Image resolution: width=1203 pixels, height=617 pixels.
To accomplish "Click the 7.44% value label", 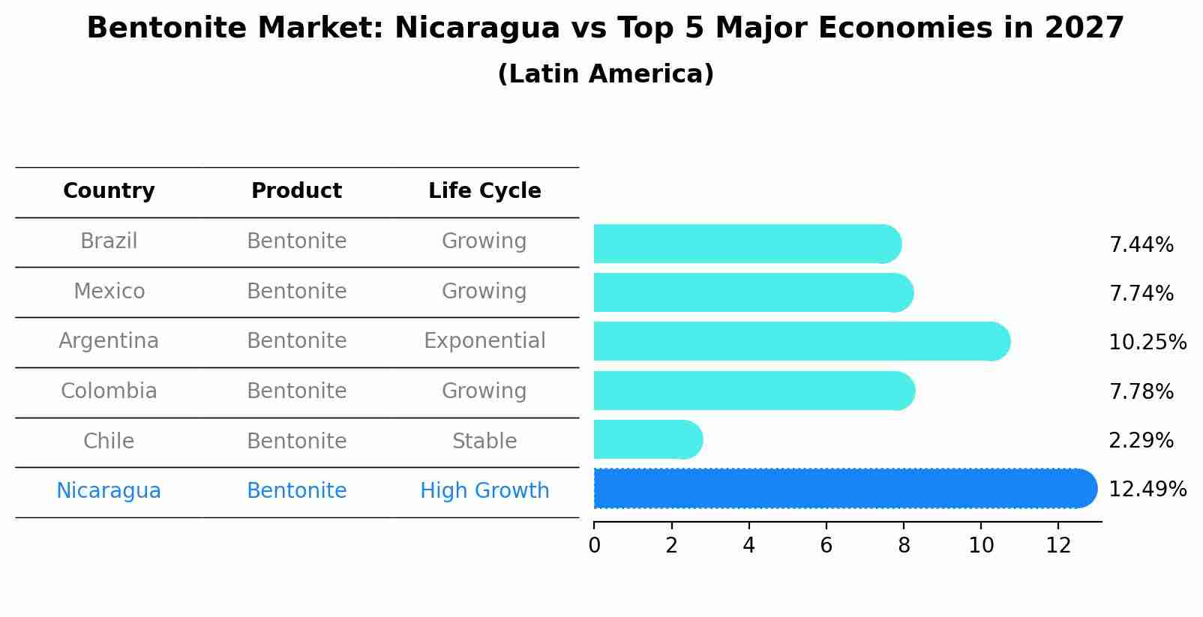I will [x=1141, y=245].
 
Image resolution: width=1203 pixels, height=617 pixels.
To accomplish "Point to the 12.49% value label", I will [x=1147, y=490].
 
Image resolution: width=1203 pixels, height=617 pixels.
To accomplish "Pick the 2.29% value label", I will [x=1141, y=441].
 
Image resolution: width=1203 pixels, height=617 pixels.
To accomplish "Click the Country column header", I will [x=109, y=191].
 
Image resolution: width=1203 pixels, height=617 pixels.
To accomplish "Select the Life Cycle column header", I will [x=484, y=191].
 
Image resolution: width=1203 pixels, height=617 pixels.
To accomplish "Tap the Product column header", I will [x=296, y=191].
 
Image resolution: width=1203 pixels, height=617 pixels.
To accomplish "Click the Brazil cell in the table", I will [x=109, y=241].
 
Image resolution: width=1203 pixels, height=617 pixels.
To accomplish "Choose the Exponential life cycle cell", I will [x=484, y=341].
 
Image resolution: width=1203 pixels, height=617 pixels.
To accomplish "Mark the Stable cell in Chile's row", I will [x=484, y=442].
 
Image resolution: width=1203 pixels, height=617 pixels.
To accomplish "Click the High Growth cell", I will [x=484, y=491].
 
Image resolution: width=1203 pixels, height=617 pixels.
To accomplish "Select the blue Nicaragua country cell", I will [x=109, y=491].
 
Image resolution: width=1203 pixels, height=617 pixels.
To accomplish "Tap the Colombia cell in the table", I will [x=109, y=391].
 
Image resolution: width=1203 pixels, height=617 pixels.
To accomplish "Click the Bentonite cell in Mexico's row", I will [x=296, y=292].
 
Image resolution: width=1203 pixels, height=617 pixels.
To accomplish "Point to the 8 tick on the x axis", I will [x=904, y=546].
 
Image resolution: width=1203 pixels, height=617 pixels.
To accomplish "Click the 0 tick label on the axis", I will [x=594, y=546].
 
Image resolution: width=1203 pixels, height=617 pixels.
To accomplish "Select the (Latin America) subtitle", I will [x=605, y=74].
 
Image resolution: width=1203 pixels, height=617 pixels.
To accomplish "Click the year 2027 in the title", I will [x=1084, y=28].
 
